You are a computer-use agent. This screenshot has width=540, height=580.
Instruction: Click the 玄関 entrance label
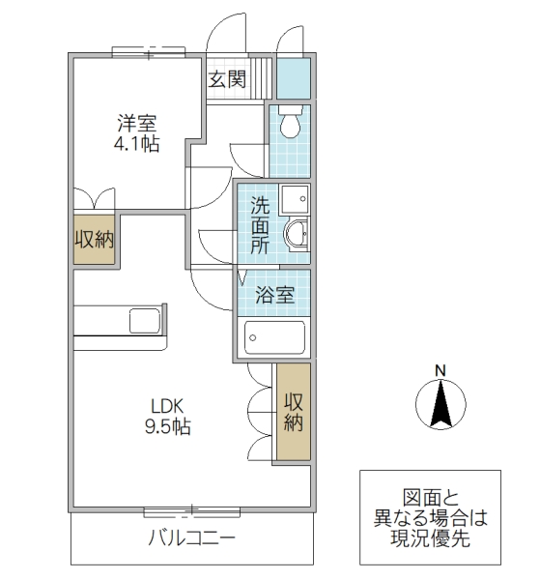pyautogui.click(x=227, y=79)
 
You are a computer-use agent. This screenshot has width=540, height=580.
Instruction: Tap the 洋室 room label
pyautogui.click(x=137, y=124)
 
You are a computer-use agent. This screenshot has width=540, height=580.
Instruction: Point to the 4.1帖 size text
pyautogui.click(x=137, y=145)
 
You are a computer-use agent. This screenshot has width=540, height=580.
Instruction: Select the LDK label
pyautogui.click(x=165, y=405)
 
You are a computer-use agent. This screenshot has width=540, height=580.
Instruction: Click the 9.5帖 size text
pyautogui.click(x=166, y=426)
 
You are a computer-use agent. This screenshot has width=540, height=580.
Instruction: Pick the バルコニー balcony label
pyautogui.click(x=190, y=538)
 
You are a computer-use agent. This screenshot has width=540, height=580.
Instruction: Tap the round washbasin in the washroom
pyautogui.click(x=297, y=234)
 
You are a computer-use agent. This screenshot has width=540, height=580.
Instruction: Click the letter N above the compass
pyautogui.click(x=440, y=370)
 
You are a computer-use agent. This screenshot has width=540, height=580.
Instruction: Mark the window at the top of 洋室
pyautogui.click(x=147, y=52)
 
